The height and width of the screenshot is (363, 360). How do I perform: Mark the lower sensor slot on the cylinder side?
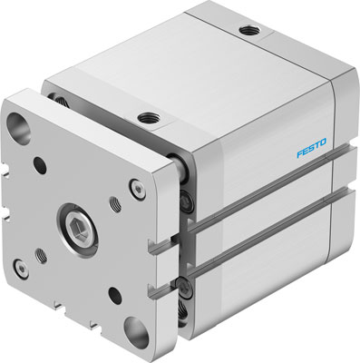(x=272, y=253)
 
